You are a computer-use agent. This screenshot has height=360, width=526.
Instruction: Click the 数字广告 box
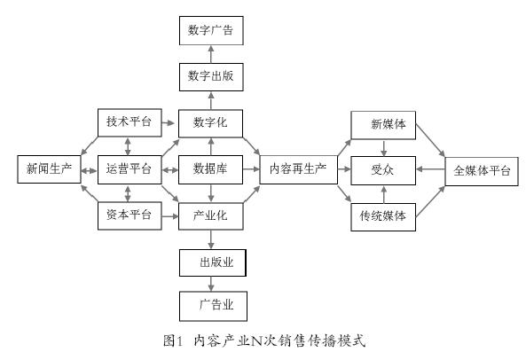tap(211, 30)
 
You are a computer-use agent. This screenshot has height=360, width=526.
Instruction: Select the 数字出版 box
tap(211, 77)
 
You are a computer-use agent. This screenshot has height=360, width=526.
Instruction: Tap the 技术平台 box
tap(130, 122)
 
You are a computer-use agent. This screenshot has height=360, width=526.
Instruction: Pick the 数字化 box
tap(211, 123)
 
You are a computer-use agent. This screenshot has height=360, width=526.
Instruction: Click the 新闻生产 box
tap(49, 169)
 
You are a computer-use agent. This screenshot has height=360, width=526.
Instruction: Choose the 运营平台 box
tap(130, 169)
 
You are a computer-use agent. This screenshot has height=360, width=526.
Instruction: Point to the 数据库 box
tap(211, 169)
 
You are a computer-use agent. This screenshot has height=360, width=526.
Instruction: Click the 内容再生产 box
tap(299, 169)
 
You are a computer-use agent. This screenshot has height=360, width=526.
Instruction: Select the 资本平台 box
tap(130, 215)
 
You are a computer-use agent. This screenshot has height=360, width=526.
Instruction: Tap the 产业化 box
tap(211, 215)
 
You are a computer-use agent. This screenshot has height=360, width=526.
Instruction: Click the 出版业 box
tap(213, 262)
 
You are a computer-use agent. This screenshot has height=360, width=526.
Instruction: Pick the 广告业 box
tap(214, 306)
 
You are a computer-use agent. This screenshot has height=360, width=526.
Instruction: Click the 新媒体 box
tap(383, 125)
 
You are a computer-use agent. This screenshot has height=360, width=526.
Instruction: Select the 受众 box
tap(383, 170)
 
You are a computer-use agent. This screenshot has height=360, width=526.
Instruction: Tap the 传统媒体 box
tap(383, 217)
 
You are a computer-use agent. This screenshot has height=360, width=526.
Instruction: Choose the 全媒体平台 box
tap(482, 171)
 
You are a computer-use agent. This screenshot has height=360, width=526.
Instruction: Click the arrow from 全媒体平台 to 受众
tap(430, 169)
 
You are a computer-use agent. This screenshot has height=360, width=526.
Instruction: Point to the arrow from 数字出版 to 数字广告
tap(211, 54)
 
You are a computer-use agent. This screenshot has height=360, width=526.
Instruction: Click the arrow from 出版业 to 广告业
tap(211, 284)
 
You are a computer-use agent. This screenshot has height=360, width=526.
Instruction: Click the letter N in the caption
tap(256, 340)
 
